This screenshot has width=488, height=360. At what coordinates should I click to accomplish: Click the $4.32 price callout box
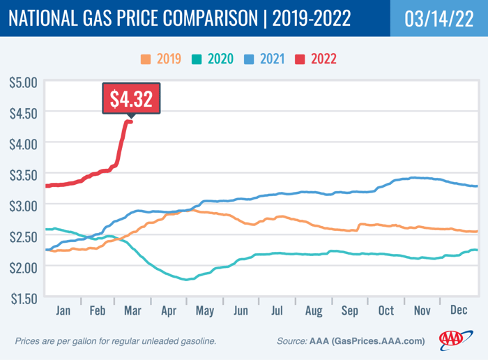pyautogui.click(x=131, y=98)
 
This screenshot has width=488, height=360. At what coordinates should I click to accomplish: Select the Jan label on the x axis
pyautogui.click(x=63, y=311)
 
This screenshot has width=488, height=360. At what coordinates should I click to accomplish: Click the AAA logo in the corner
pyautogui.click(x=455, y=340)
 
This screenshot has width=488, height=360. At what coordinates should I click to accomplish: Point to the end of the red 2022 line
pyautogui.click(x=131, y=122)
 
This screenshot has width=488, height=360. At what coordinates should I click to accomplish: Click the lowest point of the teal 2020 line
pyautogui.click(x=185, y=279)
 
